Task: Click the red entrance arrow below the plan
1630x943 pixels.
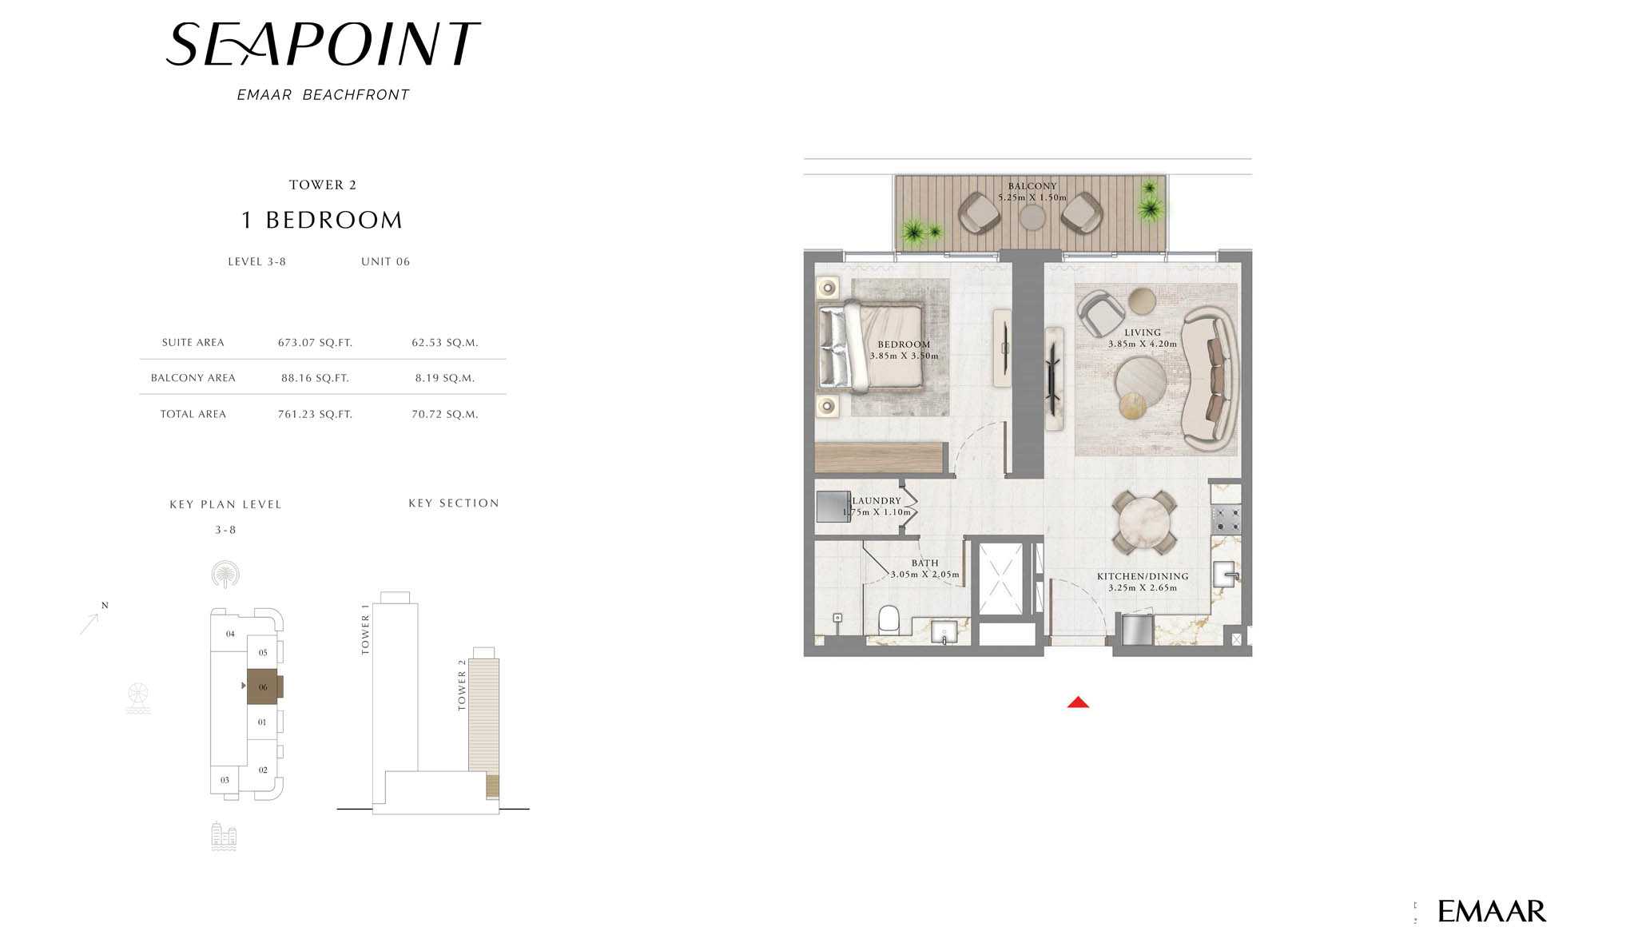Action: [x=1078, y=702]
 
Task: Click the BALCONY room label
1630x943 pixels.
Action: [x=1032, y=186]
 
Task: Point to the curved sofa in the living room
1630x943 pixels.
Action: [x=1211, y=379]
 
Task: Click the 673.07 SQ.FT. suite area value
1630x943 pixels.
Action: [x=315, y=343]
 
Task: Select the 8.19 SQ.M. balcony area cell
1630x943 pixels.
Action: [x=445, y=378]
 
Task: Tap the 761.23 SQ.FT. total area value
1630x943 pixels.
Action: [x=315, y=414]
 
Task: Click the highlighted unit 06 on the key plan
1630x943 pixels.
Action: [x=263, y=686]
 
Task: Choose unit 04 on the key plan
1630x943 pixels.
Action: [x=230, y=634]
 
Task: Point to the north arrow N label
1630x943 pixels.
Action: [x=105, y=605]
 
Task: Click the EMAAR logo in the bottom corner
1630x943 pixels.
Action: [x=1491, y=911]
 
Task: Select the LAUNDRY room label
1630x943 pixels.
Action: [x=877, y=501]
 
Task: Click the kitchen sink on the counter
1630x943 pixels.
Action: [x=1225, y=574]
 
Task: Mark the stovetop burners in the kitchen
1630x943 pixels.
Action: [x=1226, y=519]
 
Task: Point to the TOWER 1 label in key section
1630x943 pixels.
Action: [x=365, y=629]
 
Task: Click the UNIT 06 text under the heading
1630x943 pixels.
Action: [x=385, y=261]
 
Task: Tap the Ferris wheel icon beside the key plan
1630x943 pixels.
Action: [x=138, y=698]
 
